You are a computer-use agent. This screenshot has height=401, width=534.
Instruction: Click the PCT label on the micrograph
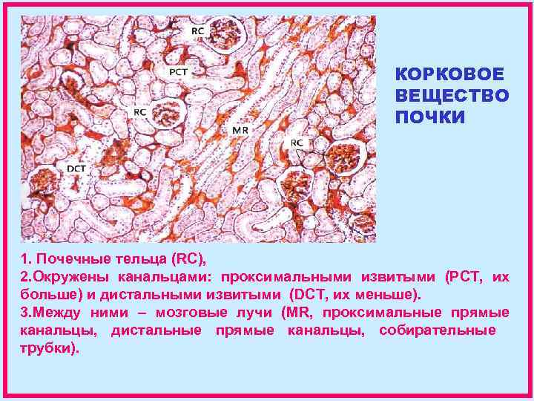point(178,72)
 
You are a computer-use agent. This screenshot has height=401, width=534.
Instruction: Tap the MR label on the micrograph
point(240,130)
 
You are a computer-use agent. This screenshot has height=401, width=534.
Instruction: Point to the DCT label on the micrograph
point(76,169)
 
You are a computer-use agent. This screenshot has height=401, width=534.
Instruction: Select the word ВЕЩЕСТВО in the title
point(452,97)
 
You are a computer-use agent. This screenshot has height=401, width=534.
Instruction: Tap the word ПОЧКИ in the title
point(430,118)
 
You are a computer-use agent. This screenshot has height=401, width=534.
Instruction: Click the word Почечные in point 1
point(67,259)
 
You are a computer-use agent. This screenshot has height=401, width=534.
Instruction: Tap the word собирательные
point(438,330)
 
